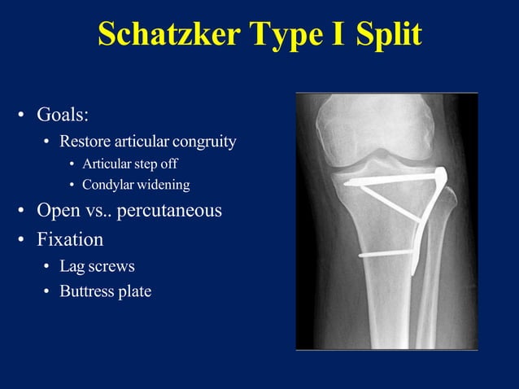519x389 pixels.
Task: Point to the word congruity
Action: (203, 142)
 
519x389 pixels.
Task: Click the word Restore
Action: (84, 142)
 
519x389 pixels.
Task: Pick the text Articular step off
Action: (129, 164)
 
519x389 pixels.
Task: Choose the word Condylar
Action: (109, 185)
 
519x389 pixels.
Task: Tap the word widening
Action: (164, 185)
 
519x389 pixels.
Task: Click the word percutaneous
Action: (169, 211)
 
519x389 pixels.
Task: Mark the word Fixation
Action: (70, 240)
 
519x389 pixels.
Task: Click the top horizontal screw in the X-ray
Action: (390, 180)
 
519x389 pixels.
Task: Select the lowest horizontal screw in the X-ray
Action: (389, 254)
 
